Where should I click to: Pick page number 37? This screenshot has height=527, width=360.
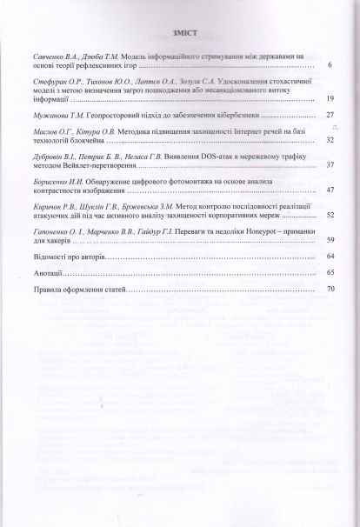[329, 164]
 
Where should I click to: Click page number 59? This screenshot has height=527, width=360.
[329, 239]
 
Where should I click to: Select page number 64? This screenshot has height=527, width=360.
[329, 257]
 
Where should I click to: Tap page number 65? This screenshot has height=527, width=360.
[329, 272]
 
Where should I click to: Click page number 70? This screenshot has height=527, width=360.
[329, 288]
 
